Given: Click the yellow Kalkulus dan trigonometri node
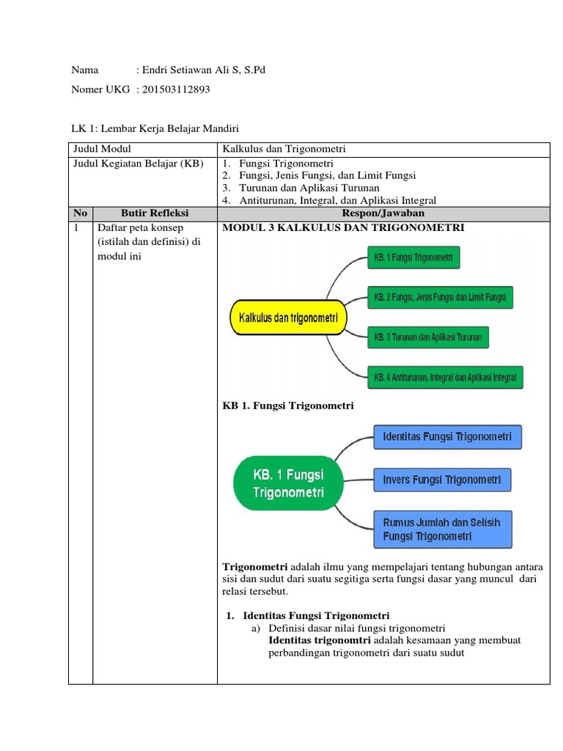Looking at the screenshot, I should click(288, 318).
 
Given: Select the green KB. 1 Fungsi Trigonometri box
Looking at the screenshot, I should click(413, 257).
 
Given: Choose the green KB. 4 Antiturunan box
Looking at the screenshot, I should click(444, 378).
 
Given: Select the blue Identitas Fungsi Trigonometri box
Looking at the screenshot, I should click(447, 438).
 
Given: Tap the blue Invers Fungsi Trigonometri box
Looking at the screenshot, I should click(442, 480).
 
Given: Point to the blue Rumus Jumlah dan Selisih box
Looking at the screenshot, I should click(442, 529).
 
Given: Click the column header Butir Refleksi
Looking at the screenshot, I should click(154, 213).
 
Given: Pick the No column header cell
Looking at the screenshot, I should click(80, 213).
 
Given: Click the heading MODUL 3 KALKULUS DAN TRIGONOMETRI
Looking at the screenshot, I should click(343, 227).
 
